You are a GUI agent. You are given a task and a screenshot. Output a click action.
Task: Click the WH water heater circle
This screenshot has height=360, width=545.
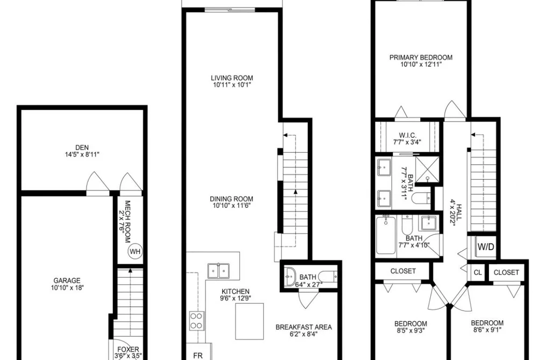pyautogui.click(x=135, y=251)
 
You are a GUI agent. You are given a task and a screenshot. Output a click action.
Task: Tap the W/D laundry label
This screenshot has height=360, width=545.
pyautogui.click(x=486, y=247)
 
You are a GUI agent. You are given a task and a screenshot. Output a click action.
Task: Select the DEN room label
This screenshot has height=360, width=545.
pyautogui.click(x=82, y=147)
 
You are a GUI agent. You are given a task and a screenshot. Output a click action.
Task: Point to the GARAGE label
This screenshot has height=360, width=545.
pyautogui.click(x=67, y=280)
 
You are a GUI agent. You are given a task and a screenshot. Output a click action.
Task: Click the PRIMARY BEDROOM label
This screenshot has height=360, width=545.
pyautogui.click(x=421, y=58)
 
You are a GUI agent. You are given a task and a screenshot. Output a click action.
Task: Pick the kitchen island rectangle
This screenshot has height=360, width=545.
pyautogui.click(x=249, y=321)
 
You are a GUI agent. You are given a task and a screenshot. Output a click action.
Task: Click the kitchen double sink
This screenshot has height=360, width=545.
pyautogui.click(x=218, y=271)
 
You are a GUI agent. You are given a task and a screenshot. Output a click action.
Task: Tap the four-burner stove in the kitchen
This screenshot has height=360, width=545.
pyautogui.click(x=196, y=321)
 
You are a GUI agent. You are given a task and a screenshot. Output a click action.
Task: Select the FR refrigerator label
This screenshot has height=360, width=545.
pyautogui.click(x=198, y=356)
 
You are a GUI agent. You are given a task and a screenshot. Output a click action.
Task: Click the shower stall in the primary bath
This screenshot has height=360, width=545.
pyautogui.click(x=428, y=169)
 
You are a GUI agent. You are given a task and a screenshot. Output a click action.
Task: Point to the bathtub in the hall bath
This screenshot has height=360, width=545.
pyautogui.click(x=386, y=234)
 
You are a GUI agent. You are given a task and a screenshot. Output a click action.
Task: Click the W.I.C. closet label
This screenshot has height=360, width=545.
pyautogui.click(x=408, y=135)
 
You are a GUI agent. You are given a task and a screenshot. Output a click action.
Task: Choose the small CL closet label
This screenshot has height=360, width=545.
pyautogui.click(x=478, y=272)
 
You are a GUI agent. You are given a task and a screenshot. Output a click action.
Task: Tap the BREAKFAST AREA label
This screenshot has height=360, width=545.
pyautogui.click(x=303, y=327)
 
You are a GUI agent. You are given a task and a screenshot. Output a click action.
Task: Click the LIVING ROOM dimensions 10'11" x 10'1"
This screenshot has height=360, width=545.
pyautogui.click(x=231, y=85)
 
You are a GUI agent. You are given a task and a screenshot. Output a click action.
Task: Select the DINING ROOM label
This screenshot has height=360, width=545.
pyautogui.click(x=231, y=199)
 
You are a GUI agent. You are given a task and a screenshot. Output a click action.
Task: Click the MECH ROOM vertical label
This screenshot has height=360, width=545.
pyautogui.click(x=128, y=222)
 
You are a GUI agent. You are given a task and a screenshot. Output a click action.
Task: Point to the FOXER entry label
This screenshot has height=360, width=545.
pyautogui.click(x=128, y=349)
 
